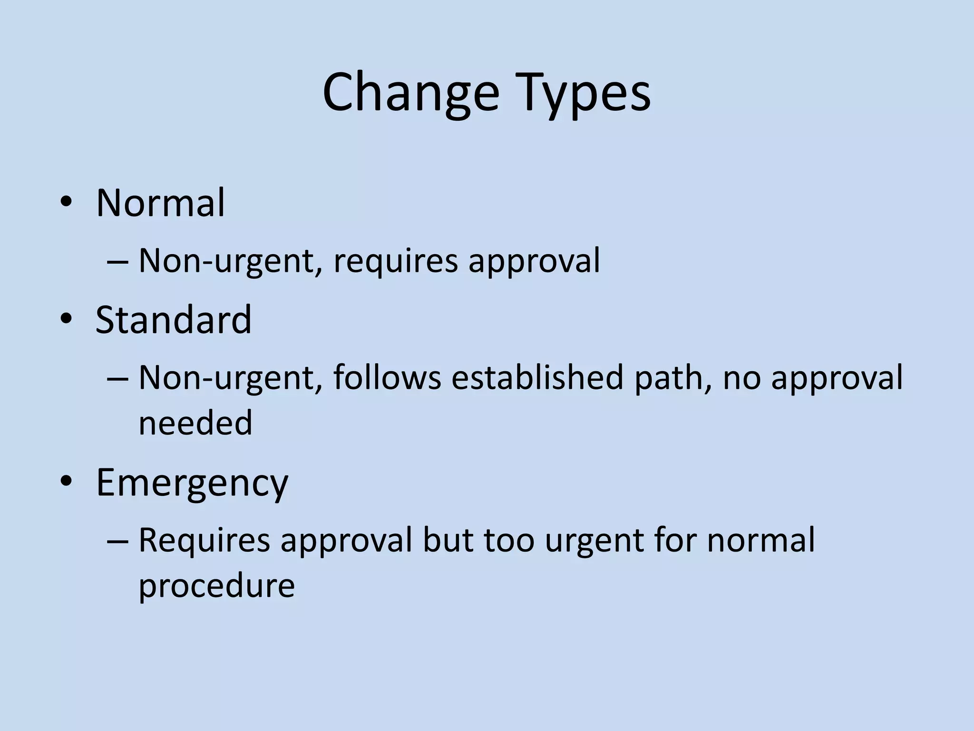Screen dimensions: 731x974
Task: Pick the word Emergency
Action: click(x=192, y=483)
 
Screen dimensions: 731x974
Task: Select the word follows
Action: click(x=387, y=377)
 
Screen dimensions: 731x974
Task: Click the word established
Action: click(x=537, y=377)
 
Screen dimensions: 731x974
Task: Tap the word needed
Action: click(x=195, y=423)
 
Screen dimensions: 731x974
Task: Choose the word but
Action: click(x=448, y=540)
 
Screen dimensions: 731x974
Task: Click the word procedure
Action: click(x=217, y=585)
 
